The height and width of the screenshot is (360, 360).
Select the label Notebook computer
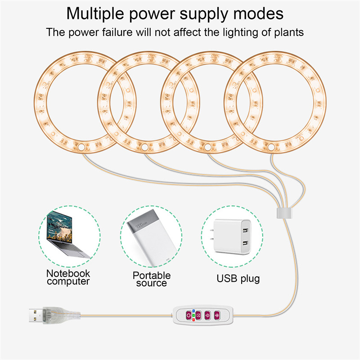tap(68, 278)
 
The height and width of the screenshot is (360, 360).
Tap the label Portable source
tap(152, 279)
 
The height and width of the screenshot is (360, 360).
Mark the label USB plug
tap(238, 279)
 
